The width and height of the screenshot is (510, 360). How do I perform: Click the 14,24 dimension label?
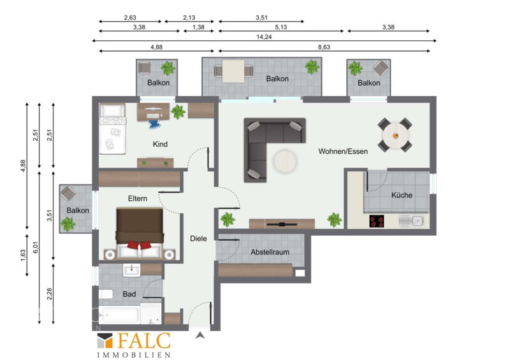(264, 37)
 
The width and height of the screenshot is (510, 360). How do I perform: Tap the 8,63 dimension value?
(324, 47)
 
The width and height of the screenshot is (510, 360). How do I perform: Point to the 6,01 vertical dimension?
(36, 247)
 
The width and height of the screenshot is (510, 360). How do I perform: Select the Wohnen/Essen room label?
(343, 151)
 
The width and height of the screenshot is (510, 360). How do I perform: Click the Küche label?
(402, 195)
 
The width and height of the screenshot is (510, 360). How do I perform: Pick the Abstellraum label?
(270, 252)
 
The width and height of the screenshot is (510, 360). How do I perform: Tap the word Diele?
(198, 238)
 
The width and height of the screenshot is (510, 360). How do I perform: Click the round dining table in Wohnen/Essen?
(395, 135)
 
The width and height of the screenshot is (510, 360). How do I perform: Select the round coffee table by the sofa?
(285, 161)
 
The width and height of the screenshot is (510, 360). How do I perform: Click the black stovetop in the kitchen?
(377, 221)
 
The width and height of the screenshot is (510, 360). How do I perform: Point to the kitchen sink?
(411, 221)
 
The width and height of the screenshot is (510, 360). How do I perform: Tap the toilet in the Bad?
(105, 294)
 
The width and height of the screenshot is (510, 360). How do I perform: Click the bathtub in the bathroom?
(119, 315)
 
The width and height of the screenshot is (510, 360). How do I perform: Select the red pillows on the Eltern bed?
(139, 245)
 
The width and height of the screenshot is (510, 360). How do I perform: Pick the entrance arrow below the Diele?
(200, 335)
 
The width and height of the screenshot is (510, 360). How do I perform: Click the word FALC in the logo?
(143, 341)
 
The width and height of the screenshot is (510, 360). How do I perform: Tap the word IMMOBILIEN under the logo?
(134, 355)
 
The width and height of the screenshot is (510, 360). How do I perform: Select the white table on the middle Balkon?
(233, 71)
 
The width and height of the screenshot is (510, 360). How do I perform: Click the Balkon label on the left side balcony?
(78, 210)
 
